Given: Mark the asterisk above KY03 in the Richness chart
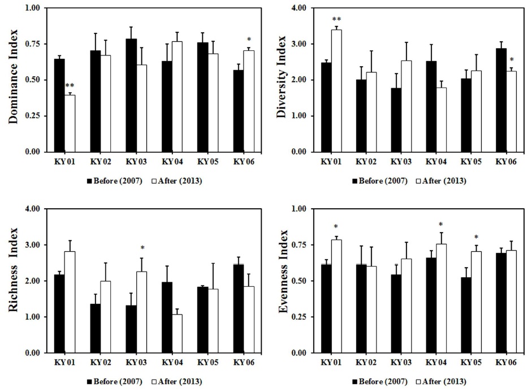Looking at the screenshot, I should pyautogui.click(x=142, y=248).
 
